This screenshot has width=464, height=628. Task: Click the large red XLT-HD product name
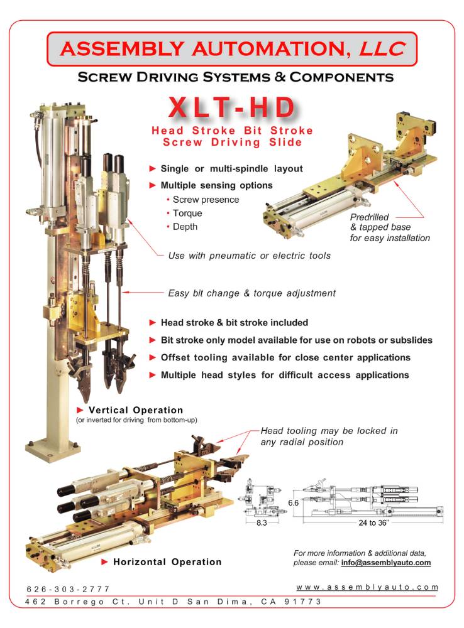point(232,107)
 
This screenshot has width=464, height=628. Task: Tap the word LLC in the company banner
point(382,48)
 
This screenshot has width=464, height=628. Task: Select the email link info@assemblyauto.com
point(386,563)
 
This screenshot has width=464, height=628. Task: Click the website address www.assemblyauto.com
point(367,587)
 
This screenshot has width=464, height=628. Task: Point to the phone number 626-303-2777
point(68,589)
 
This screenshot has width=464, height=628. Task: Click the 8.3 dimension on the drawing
point(262,522)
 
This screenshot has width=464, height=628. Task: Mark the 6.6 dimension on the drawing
point(293,502)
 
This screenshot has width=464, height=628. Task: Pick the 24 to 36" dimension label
point(373,522)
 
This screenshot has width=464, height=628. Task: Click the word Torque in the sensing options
point(187,214)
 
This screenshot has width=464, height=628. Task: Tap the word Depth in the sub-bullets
point(185,227)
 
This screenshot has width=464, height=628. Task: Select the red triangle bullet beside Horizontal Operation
point(104,561)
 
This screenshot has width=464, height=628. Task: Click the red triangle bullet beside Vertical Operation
point(80,409)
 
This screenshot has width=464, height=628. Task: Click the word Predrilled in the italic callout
point(369,217)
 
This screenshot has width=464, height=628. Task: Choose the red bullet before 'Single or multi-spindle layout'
point(152,168)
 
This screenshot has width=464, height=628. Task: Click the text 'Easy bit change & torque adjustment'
point(252,293)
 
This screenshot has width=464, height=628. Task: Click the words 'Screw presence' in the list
point(206,200)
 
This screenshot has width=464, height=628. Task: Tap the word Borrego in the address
point(79,602)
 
